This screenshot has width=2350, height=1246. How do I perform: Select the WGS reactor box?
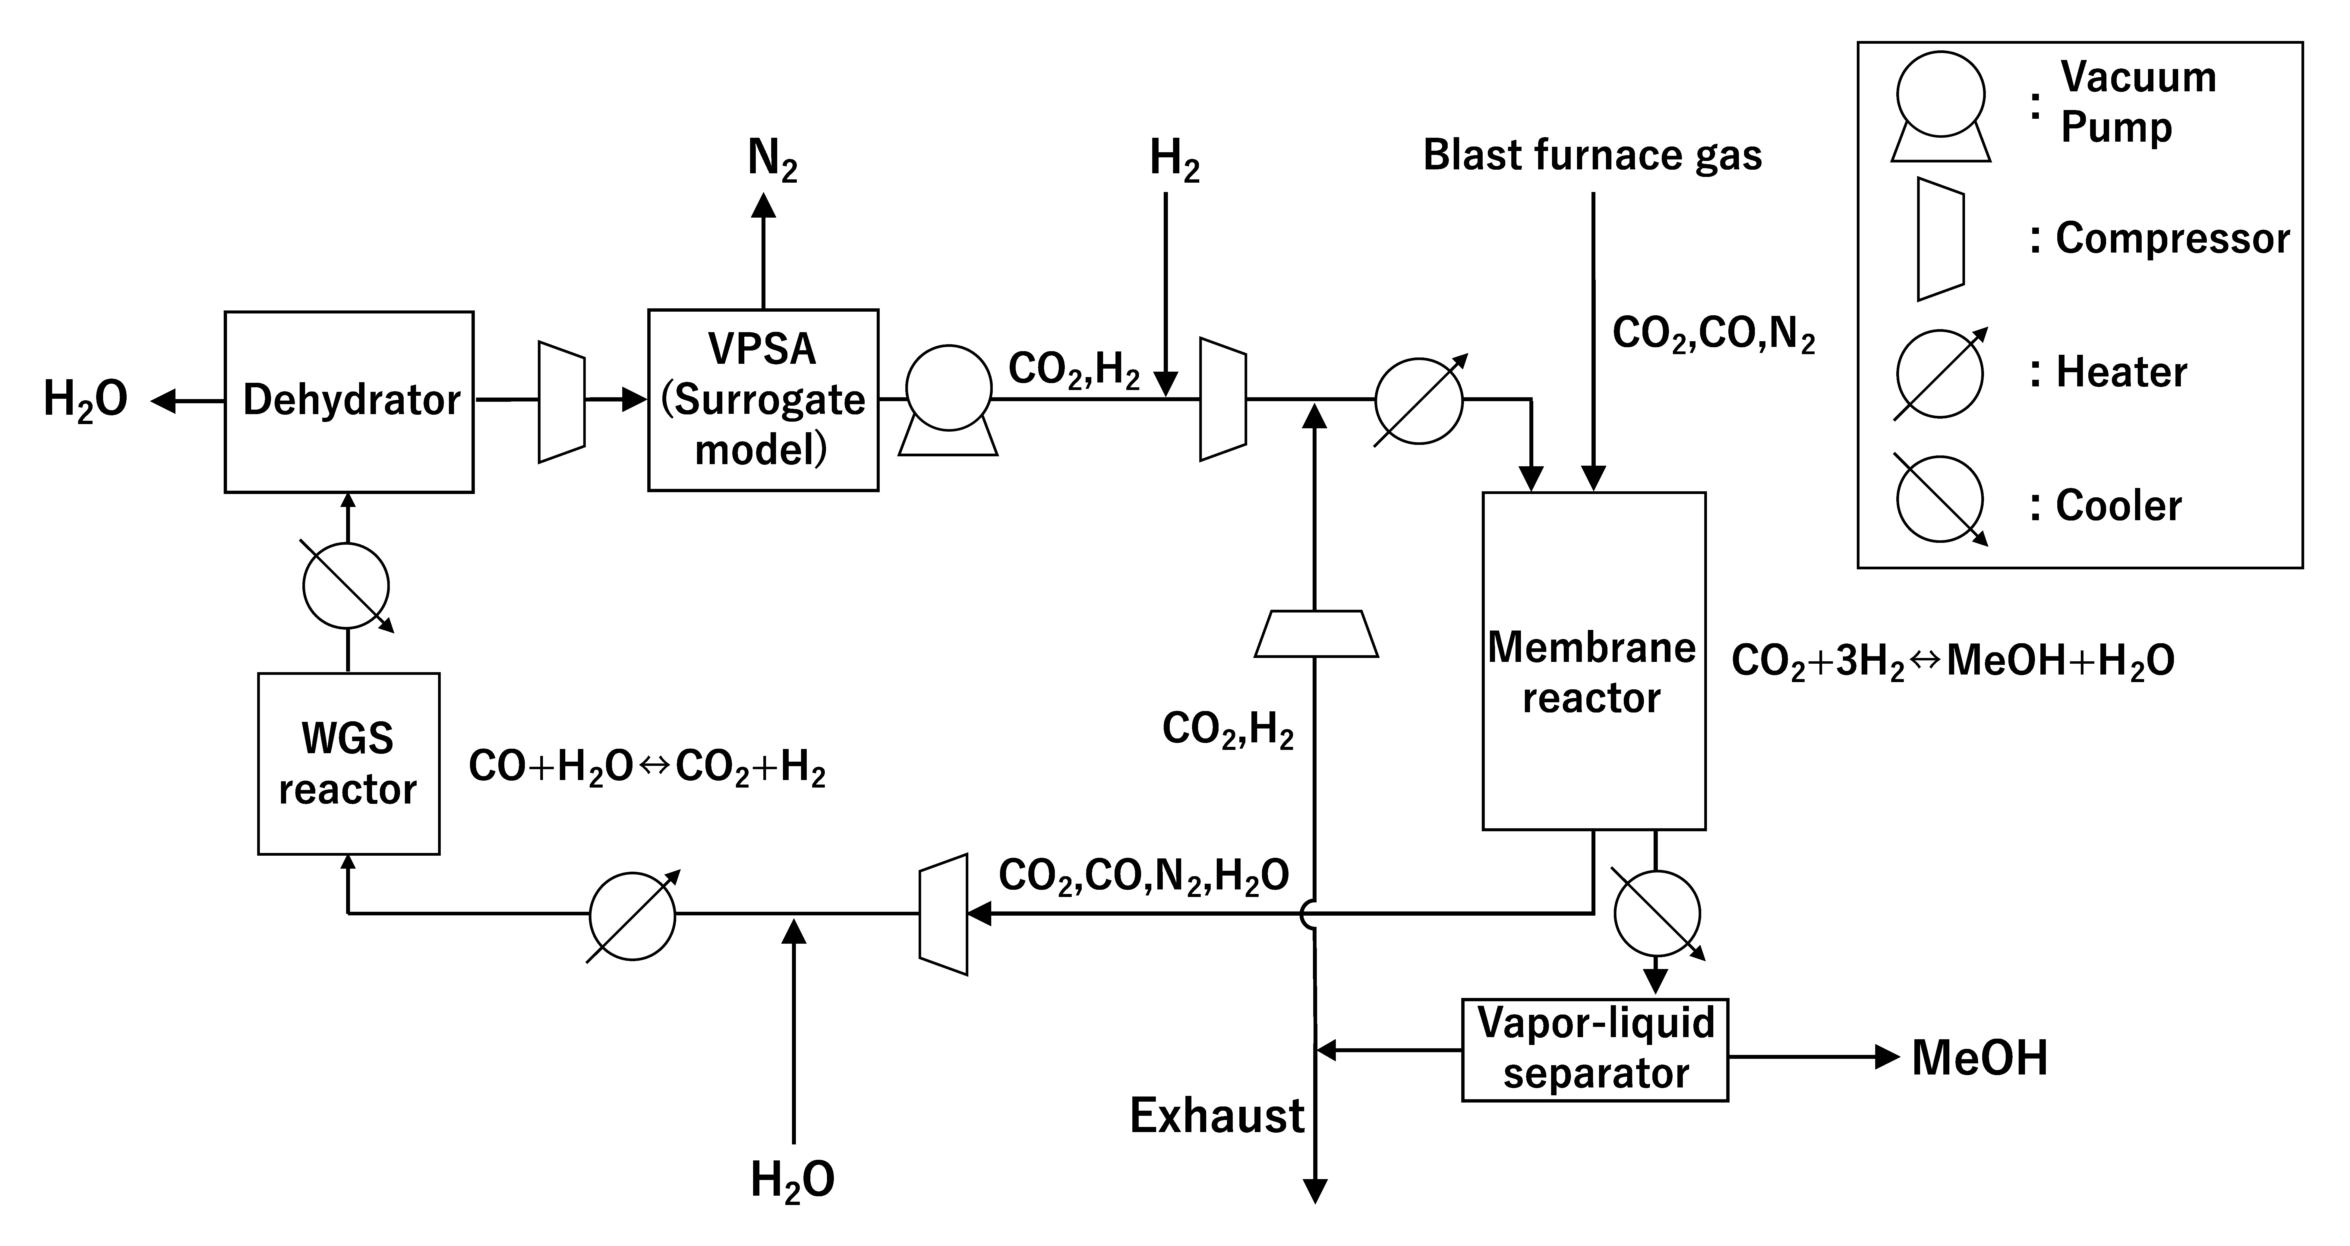pos(349,763)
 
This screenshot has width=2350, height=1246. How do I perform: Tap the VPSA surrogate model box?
pos(763,401)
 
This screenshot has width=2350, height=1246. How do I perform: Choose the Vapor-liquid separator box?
pos(1595,1050)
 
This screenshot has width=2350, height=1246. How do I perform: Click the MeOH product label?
pos(1979,1058)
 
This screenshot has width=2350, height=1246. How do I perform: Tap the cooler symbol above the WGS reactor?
pos(347,586)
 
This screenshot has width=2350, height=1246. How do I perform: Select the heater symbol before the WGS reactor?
pos(632,917)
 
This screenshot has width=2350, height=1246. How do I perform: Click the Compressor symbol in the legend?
pos(1940,239)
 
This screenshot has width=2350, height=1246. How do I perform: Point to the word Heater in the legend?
pos(2121,372)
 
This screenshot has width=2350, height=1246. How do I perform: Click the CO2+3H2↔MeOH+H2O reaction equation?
pos(1952,660)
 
